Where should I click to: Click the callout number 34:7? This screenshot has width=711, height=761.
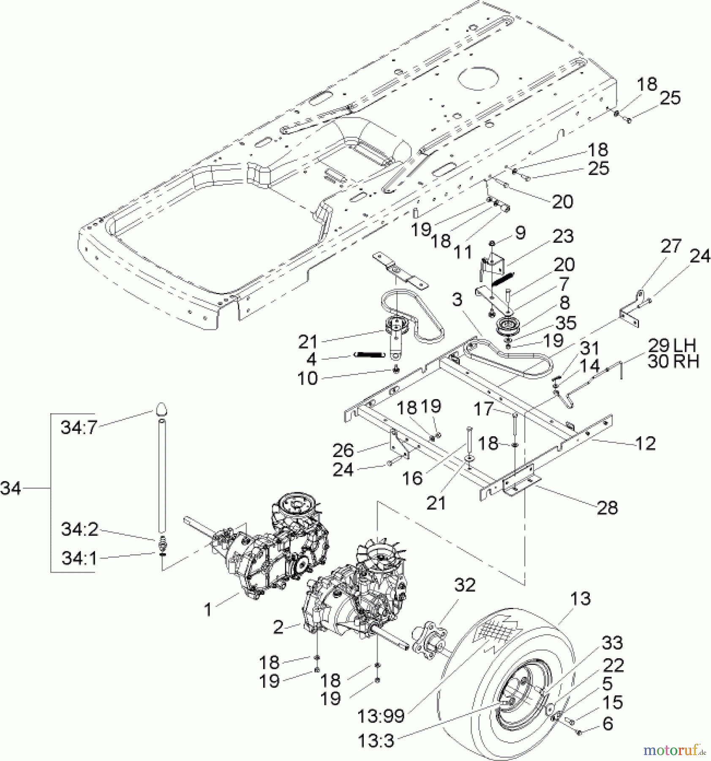pos(79,427)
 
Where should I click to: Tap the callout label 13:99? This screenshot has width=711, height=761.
pos(381,716)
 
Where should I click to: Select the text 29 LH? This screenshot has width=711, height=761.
pos(672,345)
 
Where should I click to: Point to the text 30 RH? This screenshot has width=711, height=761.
pos(673,361)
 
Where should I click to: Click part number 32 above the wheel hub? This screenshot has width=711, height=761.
pos(465,585)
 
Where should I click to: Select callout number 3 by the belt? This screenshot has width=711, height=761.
pos(457,300)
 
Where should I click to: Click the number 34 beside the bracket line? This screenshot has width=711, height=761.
pos(11,489)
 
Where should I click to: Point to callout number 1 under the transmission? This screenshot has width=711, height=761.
pos(207,610)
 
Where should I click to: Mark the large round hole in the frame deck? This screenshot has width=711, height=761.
pos(479,79)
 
